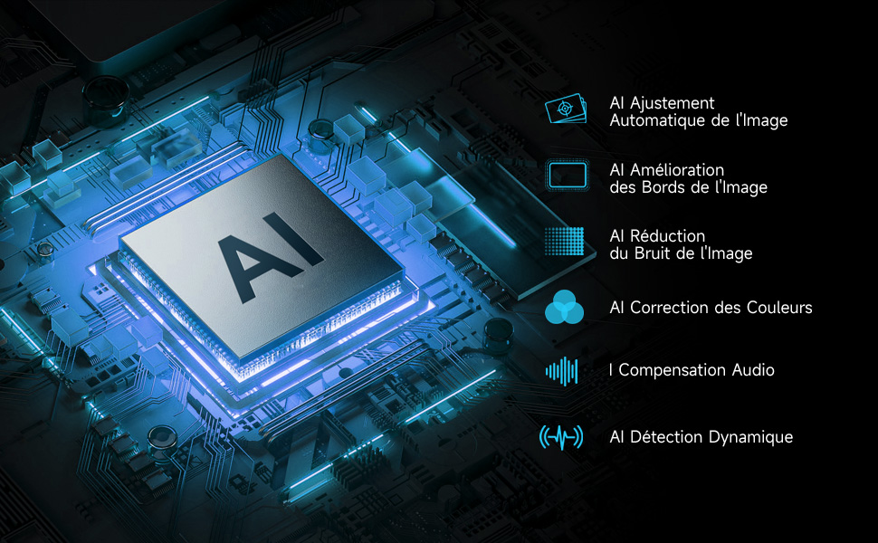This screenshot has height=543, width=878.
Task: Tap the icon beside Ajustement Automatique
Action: click(x=565, y=110)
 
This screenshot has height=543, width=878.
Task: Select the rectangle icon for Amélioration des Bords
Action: click(x=565, y=176)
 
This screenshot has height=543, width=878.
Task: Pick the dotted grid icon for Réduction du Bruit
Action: click(x=565, y=243)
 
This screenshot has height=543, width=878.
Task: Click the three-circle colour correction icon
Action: click(x=565, y=308)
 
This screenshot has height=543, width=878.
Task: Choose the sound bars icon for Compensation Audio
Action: click(x=561, y=370)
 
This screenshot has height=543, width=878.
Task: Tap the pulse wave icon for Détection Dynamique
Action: click(x=561, y=437)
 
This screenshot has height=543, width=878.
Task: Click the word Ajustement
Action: click(x=672, y=104)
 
